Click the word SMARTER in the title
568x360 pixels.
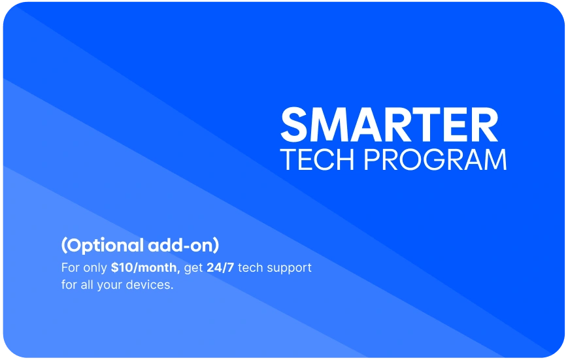(x=389, y=125)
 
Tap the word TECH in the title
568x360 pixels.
(x=317, y=159)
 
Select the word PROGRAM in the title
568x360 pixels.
(x=435, y=159)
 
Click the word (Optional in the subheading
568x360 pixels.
(x=103, y=246)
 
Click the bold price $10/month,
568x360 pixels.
(x=146, y=268)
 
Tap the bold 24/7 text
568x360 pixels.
(x=220, y=268)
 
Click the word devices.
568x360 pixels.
(x=150, y=285)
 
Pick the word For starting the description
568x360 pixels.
(x=71, y=268)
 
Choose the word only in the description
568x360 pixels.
(x=95, y=269)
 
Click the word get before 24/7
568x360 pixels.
(x=193, y=269)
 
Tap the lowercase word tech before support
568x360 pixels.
(x=250, y=268)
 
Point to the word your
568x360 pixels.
(x=109, y=286)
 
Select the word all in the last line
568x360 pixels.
(x=86, y=285)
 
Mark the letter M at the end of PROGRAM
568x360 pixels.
(x=495, y=159)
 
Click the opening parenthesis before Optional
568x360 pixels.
(x=64, y=246)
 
